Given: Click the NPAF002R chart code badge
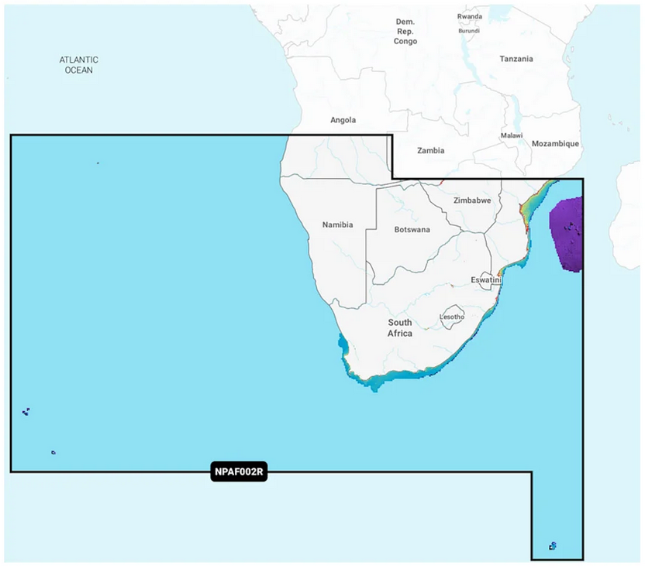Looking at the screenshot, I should pyautogui.click(x=239, y=472).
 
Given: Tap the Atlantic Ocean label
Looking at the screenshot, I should pyautogui.click(x=79, y=65).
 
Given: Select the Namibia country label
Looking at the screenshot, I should pyautogui.click(x=337, y=225).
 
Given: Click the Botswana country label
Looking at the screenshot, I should pyautogui.click(x=412, y=230).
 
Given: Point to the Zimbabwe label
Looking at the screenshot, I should pyautogui.click(x=472, y=201).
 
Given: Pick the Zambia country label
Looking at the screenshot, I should pyautogui.click(x=430, y=150).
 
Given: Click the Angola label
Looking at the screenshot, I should pyautogui.click(x=343, y=120).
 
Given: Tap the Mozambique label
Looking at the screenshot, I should pyautogui.click(x=555, y=144).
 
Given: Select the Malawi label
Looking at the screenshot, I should pyautogui.click(x=512, y=135).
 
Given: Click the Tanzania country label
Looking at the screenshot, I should pyautogui.click(x=516, y=59).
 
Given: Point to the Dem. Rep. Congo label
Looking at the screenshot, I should pyautogui.click(x=405, y=32).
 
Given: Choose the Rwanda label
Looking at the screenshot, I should pyautogui.click(x=470, y=16).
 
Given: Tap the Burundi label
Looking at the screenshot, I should pyautogui.click(x=468, y=31).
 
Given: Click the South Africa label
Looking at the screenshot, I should pyautogui.click(x=400, y=327).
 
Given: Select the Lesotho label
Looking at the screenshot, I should pyautogui.click(x=452, y=317).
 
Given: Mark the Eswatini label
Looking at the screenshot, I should pyautogui.click(x=486, y=280).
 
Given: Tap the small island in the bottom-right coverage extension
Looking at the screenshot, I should pyautogui.click(x=553, y=546).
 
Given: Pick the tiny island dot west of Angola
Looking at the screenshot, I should pyautogui.click(x=98, y=163).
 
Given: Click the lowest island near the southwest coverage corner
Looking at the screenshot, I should pyautogui.click(x=53, y=452).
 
